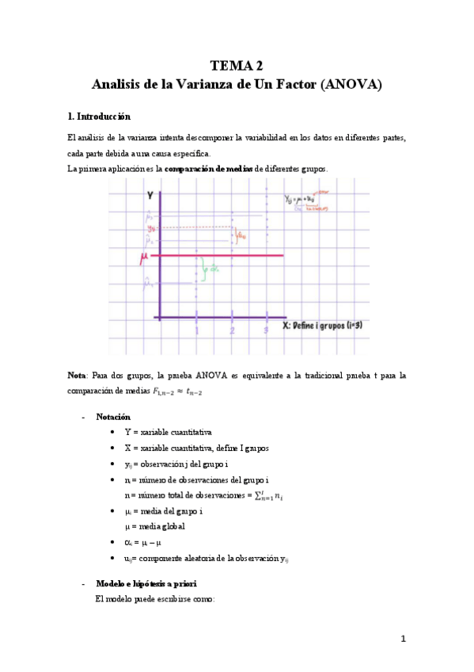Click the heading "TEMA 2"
[237, 65]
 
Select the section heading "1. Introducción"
[99, 116]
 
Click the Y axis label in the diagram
[150, 194]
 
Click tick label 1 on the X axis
[197, 330]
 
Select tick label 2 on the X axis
[232, 330]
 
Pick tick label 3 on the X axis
[266, 330]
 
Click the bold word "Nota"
[78, 374]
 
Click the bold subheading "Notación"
[113, 417]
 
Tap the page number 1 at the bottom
[403, 639]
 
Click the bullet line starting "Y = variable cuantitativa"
[167, 432]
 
